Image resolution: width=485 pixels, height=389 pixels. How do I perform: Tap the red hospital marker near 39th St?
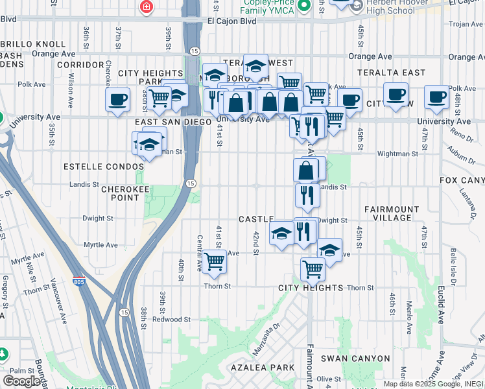point(146,7)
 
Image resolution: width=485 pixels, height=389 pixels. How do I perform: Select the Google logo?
point(21,381)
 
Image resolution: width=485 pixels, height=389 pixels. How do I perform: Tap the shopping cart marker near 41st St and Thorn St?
point(214,261)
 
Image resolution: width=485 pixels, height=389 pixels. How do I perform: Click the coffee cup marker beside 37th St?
point(117,99)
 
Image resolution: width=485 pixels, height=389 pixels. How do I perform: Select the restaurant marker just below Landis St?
point(307,194)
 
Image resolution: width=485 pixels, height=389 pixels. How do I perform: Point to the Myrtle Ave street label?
point(101,245)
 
